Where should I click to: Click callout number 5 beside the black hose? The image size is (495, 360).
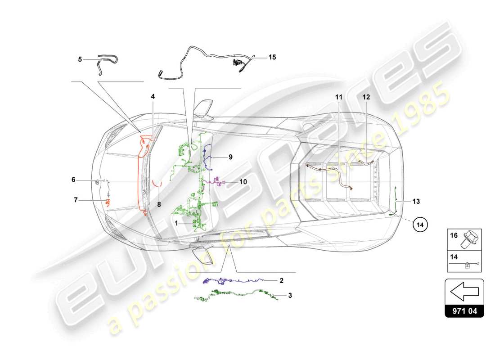[x=80, y=59]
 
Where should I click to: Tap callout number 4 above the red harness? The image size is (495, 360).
[x=153, y=96]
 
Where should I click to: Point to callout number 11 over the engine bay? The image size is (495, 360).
[x=338, y=96]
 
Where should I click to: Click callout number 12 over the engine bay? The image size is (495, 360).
[x=366, y=96]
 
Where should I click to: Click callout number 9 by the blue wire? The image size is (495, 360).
[x=230, y=157]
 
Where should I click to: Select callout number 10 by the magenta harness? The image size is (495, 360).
[x=243, y=182]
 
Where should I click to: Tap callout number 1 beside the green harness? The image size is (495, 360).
[x=177, y=222]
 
